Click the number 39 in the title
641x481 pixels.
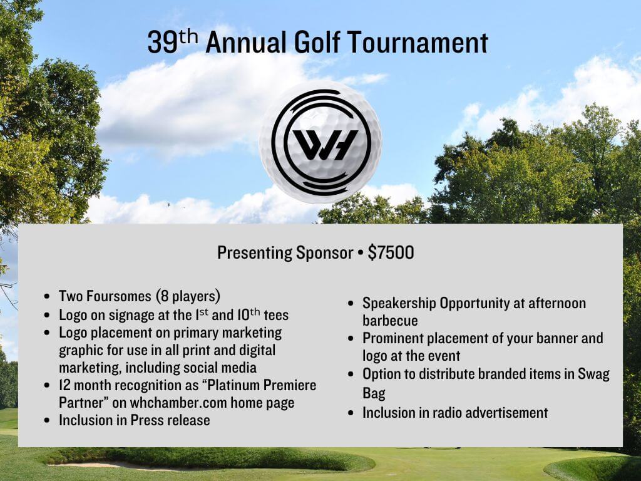coord(162,43)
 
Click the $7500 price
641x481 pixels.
coord(391,252)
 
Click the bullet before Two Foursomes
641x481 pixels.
coord(48,296)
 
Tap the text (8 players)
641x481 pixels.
coord(188,296)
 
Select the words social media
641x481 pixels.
coord(220,367)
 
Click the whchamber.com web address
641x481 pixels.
coord(178,403)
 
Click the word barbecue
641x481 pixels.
coord(390,321)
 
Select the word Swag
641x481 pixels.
coord(593,374)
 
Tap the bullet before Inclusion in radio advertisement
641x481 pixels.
coord(351,413)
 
